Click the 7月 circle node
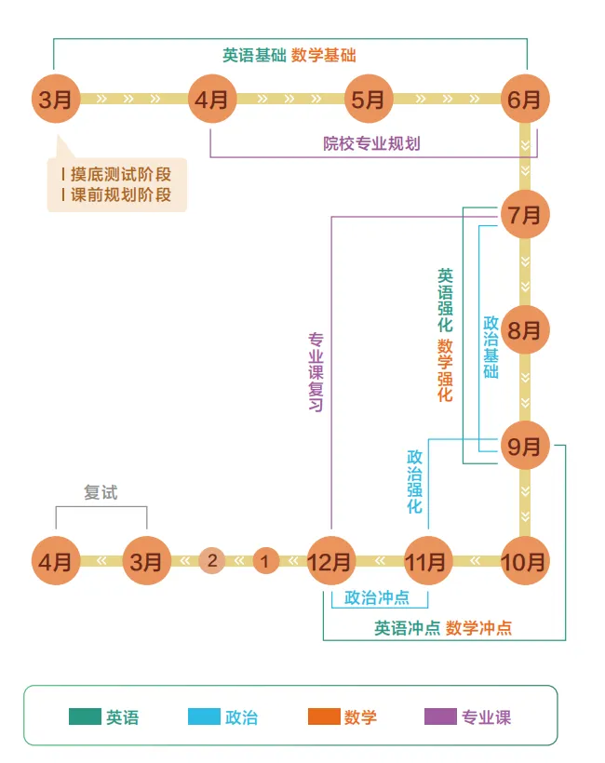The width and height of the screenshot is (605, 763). [525, 215]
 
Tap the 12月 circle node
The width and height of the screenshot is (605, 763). [331, 561]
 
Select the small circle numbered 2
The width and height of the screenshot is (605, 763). [212, 560]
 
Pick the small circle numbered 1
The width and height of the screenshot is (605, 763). [265, 560]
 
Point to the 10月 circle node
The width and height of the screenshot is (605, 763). [524, 561]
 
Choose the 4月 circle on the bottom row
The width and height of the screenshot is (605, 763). [55, 561]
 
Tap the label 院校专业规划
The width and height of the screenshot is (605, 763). [371, 143]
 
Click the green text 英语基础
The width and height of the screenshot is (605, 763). [254, 55]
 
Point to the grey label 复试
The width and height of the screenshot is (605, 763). [101, 492]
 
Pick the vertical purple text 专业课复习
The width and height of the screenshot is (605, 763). [316, 372]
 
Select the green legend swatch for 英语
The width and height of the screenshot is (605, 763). [85, 716]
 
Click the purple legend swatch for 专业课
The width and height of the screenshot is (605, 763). [440, 716]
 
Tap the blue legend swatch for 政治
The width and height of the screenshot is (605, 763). [204, 716]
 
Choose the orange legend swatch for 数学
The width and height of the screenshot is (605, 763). [323, 716]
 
